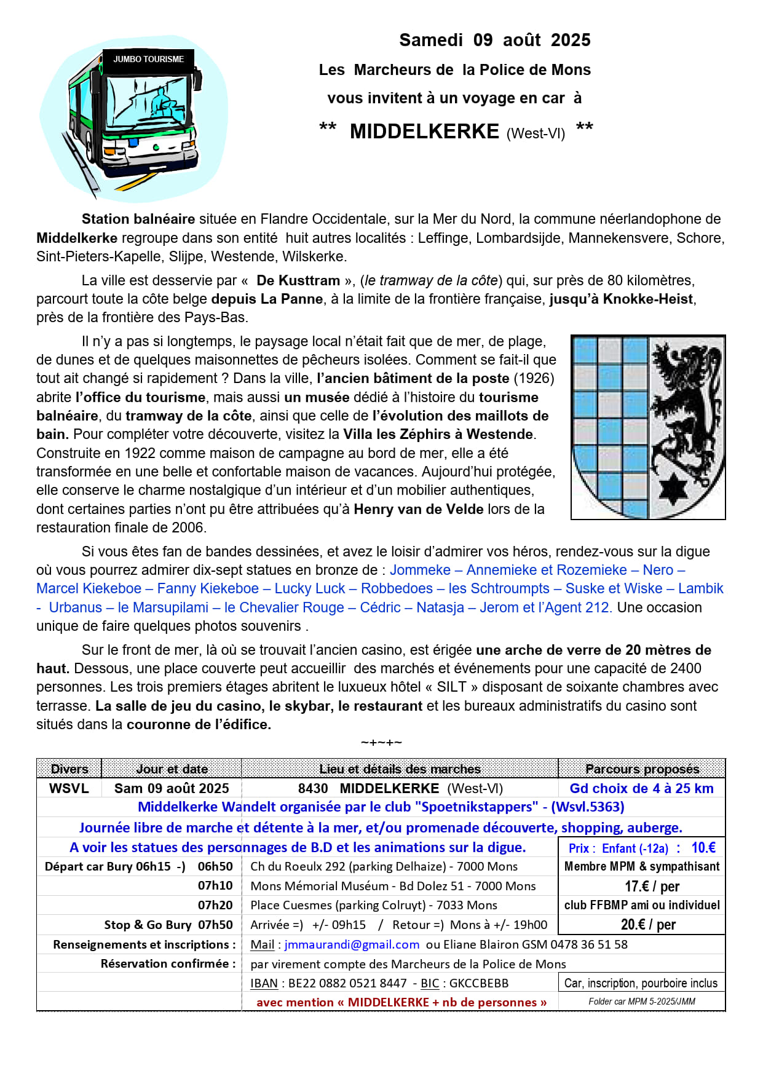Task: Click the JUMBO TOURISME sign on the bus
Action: pos(148,59)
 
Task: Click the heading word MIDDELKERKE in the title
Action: pos(424,132)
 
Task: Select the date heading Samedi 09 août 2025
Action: pos(494,40)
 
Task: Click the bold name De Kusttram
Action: pos(298,280)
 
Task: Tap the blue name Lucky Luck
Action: pos(310,588)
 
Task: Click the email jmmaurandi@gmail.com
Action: pos(352,944)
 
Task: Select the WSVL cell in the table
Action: pos(69,788)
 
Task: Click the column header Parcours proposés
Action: pos(642,769)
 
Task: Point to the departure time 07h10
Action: pos(215,885)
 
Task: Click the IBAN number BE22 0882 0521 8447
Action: pos(347,983)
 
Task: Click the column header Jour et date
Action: pos(172,769)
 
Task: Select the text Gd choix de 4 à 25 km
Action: pos(641,788)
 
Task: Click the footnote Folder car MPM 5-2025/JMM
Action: pos(642,1002)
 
